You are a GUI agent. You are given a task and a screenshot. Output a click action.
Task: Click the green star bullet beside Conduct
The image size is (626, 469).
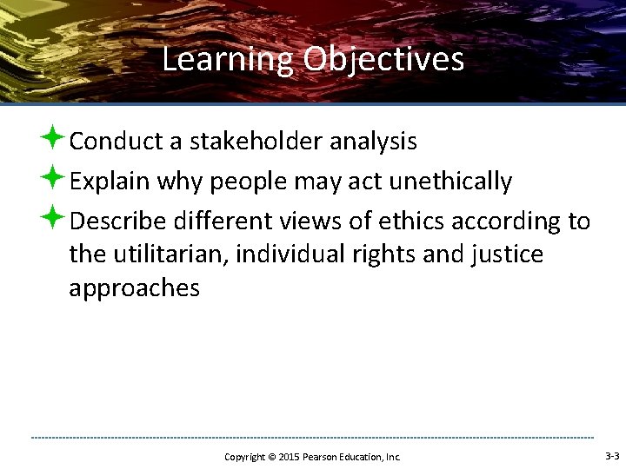[x=56, y=138]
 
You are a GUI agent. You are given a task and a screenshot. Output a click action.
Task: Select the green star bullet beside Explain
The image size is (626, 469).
[x=56, y=179]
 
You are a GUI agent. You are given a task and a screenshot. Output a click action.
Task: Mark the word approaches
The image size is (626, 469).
[x=134, y=288]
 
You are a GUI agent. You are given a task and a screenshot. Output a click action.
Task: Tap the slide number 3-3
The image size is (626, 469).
[x=611, y=456]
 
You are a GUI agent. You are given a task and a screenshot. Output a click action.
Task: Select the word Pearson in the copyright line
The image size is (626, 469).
[x=324, y=457]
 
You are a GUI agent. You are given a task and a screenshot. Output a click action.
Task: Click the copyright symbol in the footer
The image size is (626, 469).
[x=270, y=457]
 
